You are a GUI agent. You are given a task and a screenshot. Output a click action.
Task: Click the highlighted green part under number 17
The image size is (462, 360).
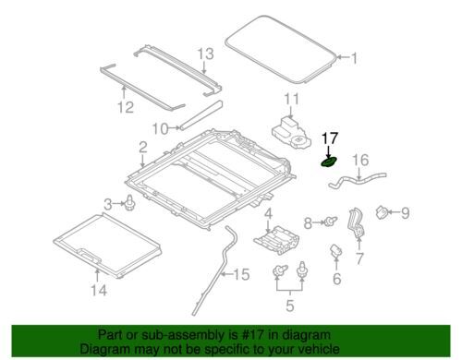click(x=328, y=162)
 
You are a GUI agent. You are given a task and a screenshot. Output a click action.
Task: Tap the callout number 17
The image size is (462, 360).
click(x=330, y=138)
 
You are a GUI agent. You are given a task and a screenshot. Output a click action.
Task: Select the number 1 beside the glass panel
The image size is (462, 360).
click(x=354, y=58)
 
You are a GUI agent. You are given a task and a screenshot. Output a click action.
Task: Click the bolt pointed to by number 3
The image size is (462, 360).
click(x=129, y=203)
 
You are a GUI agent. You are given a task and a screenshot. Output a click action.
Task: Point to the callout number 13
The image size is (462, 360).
click(x=205, y=54)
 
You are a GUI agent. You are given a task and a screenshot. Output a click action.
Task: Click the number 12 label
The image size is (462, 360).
click(x=126, y=107)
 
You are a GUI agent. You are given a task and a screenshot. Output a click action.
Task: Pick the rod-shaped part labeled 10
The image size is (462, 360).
click(x=201, y=115)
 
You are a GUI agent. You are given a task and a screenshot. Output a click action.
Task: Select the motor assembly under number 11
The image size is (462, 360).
click(x=291, y=135)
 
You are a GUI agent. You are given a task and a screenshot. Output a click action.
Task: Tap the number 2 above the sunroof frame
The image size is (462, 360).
click(x=142, y=148)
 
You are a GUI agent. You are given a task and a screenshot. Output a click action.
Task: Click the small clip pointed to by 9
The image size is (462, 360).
click(x=382, y=212)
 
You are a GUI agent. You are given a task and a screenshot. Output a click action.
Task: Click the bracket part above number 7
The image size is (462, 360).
click(x=357, y=222)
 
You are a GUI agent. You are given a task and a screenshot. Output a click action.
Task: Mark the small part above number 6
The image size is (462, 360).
click(x=336, y=250)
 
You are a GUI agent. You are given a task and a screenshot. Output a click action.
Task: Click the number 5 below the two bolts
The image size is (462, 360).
click(x=290, y=306)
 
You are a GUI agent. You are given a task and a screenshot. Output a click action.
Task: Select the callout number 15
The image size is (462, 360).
click(x=241, y=274)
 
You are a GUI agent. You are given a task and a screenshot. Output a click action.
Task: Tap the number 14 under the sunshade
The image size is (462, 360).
click(x=99, y=290)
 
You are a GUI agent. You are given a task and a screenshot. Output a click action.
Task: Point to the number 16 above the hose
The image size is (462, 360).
click(x=360, y=160)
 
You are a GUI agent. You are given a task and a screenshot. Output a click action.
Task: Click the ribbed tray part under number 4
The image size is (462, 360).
click(x=276, y=240)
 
